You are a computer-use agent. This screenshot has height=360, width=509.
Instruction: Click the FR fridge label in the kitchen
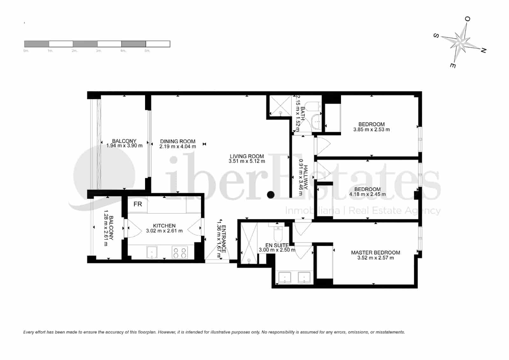tap(137, 204)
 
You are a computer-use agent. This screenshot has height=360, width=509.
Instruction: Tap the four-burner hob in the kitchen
tap(179, 253)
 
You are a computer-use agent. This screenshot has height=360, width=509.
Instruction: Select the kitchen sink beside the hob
tap(152, 253)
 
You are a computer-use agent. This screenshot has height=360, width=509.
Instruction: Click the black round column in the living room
tap(271, 195)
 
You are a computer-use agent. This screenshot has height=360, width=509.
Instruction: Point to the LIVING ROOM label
tap(247, 156)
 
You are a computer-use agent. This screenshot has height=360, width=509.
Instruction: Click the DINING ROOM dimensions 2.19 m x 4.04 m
tap(178, 147)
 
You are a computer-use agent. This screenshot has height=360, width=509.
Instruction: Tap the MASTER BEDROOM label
tap(375, 252)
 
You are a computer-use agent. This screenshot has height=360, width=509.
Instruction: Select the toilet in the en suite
tap(278, 234)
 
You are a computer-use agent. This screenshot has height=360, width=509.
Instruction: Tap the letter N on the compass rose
tap(483, 50)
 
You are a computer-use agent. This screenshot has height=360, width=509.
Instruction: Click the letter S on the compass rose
tap(436, 36)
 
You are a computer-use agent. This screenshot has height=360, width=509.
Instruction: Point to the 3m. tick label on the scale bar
tap(99, 51)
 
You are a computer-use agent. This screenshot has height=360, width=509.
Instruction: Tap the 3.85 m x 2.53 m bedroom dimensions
tap(371, 130)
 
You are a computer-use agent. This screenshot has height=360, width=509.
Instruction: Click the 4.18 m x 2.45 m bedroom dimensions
tap(367, 194)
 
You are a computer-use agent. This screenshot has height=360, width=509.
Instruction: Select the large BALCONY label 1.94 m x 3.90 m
tap(124, 143)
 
